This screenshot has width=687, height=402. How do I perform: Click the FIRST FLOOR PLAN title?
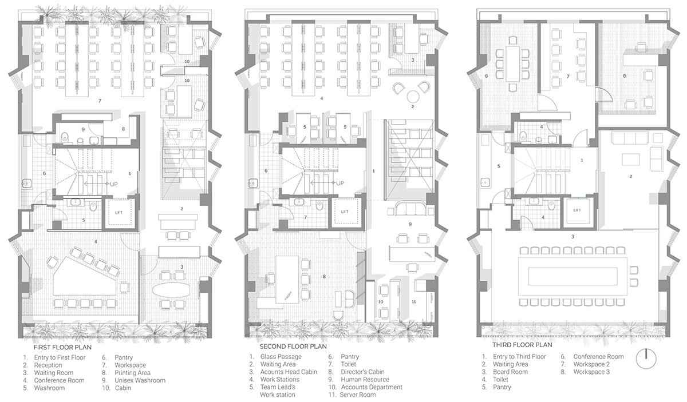tap(62, 348)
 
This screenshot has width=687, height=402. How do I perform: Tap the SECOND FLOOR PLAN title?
tap(293, 347)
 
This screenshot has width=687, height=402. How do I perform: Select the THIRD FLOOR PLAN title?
tap(522, 345)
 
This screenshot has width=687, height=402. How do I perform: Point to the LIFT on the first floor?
tap(119, 213)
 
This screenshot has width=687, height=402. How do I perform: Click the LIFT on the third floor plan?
tap(577, 210)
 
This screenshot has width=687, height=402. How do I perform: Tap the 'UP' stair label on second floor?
tap(340, 183)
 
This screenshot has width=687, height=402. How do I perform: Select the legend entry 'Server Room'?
tap(358, 395)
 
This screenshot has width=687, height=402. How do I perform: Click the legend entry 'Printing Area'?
tap(132, 373)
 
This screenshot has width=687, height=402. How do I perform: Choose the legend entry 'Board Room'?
tap(510, 372)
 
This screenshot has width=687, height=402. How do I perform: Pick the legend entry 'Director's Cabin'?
tap(362, 372)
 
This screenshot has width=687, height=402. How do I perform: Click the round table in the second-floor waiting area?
tap(413, 96)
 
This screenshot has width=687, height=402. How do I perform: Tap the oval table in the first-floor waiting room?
tap(171, 289)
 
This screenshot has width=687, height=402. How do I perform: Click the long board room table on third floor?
tap(572, 276)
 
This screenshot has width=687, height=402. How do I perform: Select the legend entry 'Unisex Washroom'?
tap(140, 380)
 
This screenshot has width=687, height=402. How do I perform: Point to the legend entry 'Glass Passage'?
tap(281, 357)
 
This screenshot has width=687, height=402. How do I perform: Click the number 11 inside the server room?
tap(414, 302)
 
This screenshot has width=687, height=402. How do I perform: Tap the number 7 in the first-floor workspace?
tap(100, 101)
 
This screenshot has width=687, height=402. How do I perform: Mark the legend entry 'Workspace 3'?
tap(591, 372)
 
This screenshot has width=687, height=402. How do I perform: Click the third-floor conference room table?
tap(512, 64)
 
